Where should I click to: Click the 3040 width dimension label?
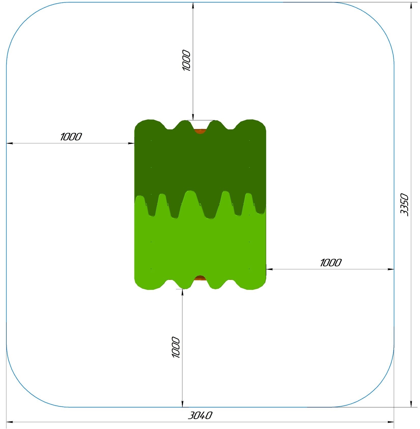tap(200, 415)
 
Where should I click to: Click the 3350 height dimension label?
tap(404, 205)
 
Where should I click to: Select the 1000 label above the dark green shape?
tap(186, 60)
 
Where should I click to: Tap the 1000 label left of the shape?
tap(71, 137)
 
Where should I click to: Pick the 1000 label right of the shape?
tap(331, 263)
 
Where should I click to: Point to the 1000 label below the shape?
tap(176, 347)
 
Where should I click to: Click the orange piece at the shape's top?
tap(200, 131)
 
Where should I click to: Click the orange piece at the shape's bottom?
tap(200, 278)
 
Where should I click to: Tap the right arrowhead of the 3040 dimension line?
tap(391, 422)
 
